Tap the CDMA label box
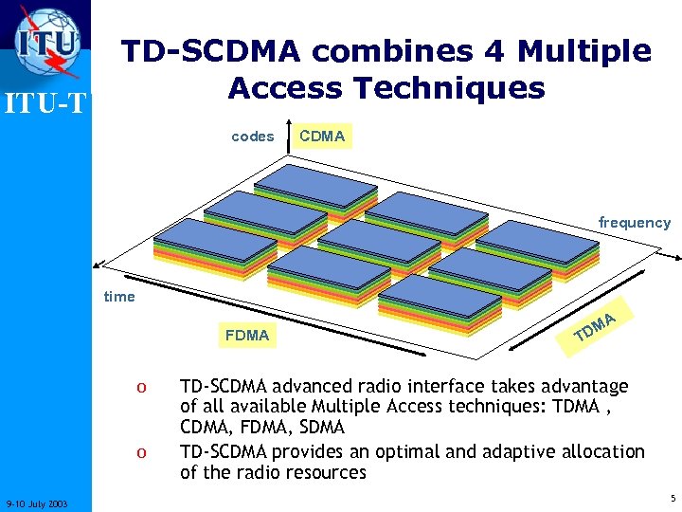coord(322,137)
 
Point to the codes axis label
coord(252,137)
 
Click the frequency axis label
coord(634,223)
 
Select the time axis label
coord(119,297)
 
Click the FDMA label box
coord(246,335)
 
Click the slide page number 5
coord(672,498)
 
